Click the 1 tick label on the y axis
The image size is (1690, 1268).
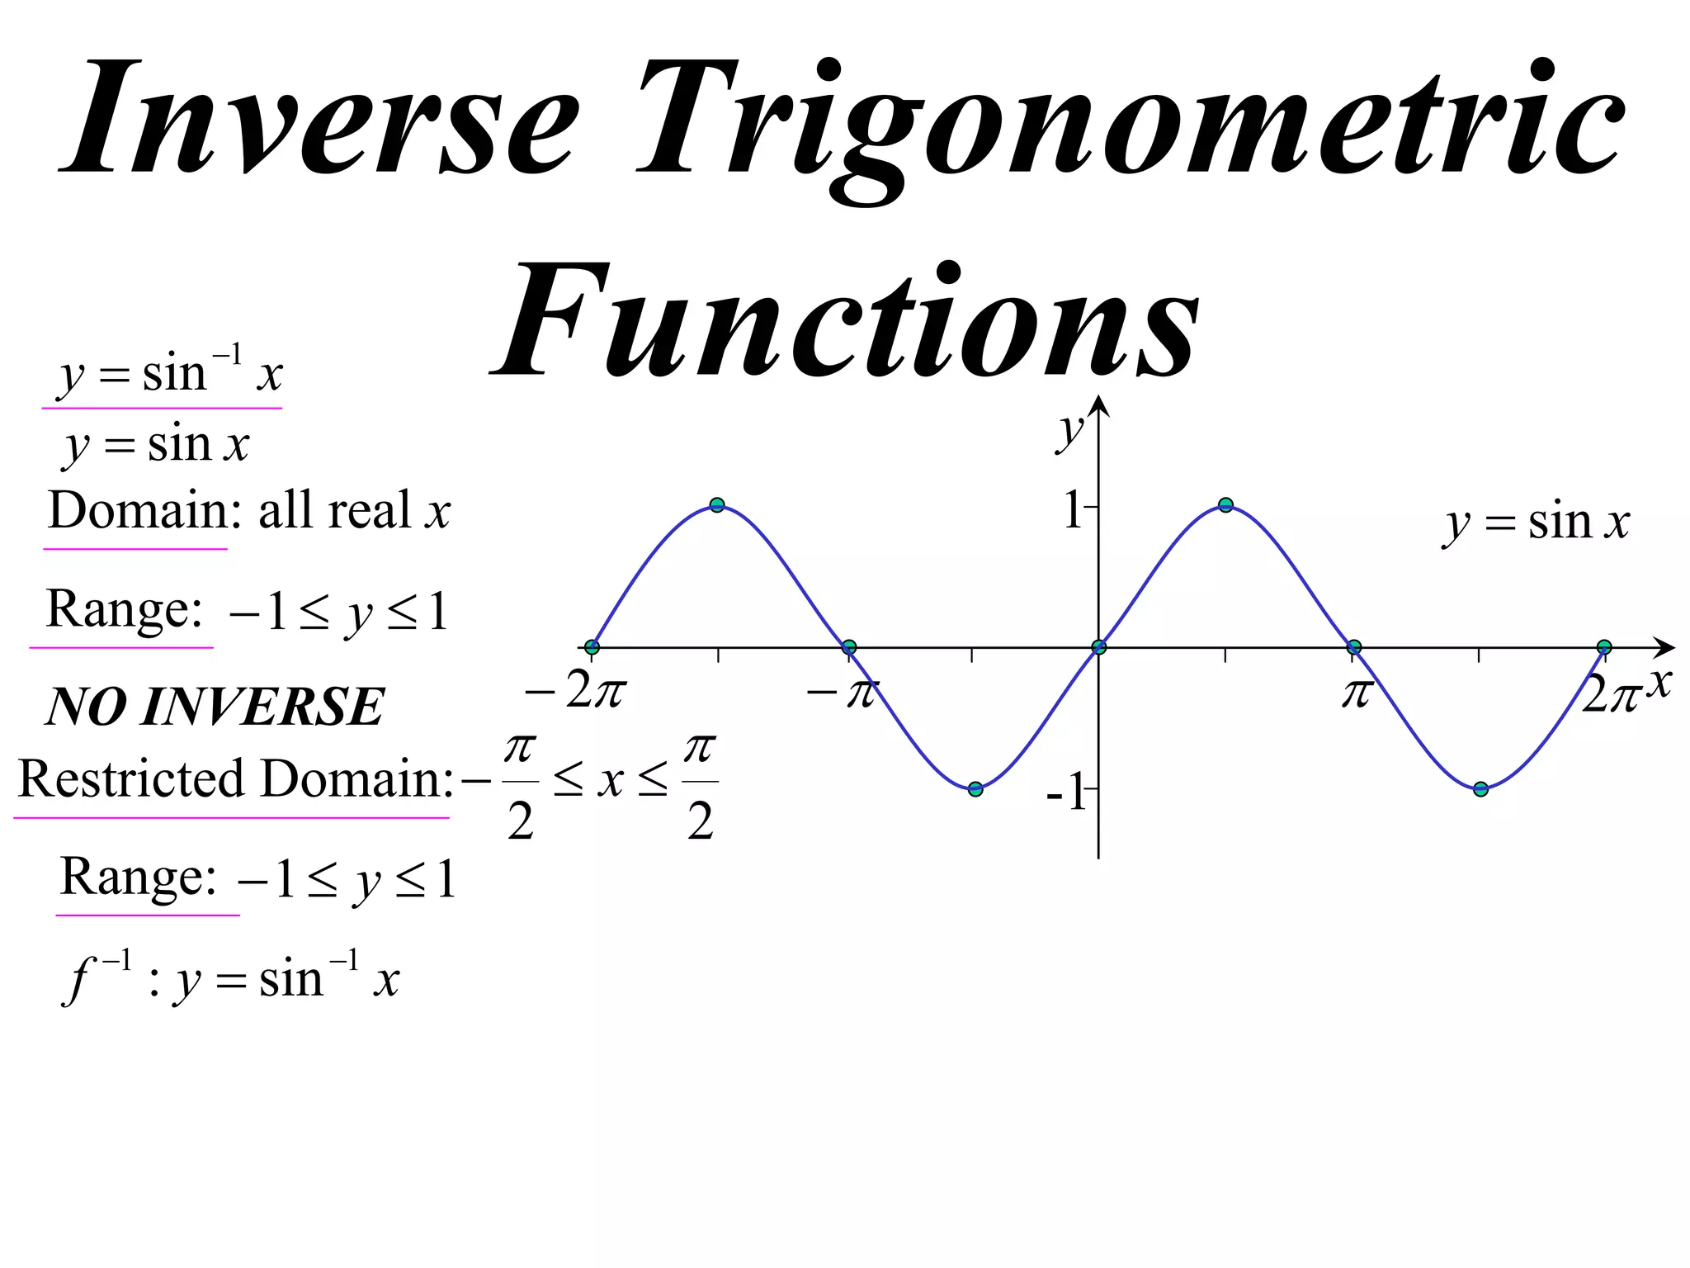click(x=1073, y=509)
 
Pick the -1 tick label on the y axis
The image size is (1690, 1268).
click(x=1066, y=793)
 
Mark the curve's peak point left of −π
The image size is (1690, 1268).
click(x=717, y=505)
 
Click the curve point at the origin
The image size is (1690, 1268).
click(x=1098, y=647)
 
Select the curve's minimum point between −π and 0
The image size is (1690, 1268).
click(x=975, y=789)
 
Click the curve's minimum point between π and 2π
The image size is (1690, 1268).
click(x=1480, y=789)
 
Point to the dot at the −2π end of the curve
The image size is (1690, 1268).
click(x=592, y=646)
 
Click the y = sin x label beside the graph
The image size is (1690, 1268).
click(x=1537, y=523)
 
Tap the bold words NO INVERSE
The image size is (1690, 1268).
click(x=215, y=707)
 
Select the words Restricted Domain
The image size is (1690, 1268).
click(x=231, y=778)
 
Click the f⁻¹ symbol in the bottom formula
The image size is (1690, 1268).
click(x=95, y=978)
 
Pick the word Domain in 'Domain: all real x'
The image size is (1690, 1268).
click(x=137, y=509)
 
